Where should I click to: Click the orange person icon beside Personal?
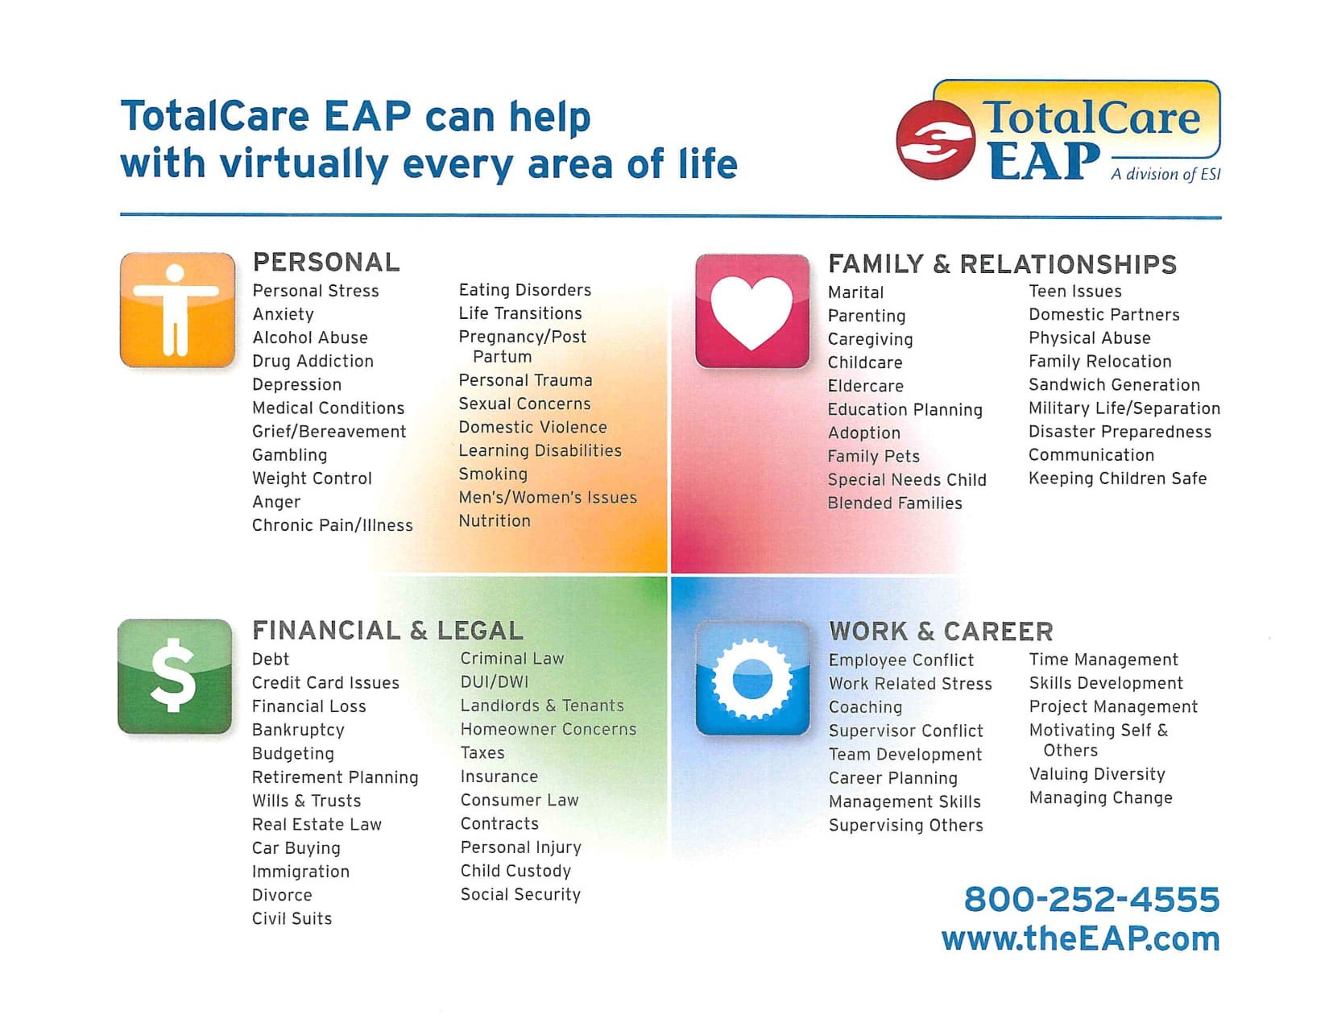(x=177, y=310)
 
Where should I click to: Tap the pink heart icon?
(x=752, y=311)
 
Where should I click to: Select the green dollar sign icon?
(x=175, y=677)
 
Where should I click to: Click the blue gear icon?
(x=752, y=678)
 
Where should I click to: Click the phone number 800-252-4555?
(x=1091, y=899)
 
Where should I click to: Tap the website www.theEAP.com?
(x=1080, y=938)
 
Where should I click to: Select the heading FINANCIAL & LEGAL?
(x=387, y=630)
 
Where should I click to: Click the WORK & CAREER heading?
(x=941, y=631)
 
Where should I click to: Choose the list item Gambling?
(x=289, y=455)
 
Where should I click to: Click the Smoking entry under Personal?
(x=493, y=474)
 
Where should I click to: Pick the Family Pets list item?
(x=873, y=457)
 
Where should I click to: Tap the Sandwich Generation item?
(x=1114, y=385)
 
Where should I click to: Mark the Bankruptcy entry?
(x=298, y=730)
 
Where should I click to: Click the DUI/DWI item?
(x=495, y=682)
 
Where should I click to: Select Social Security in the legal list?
(x=520, y=894)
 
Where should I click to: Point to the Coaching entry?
(x=865, y=707)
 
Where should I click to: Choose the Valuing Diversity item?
(x=1097, y=774)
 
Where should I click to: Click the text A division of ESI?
(x=1165, y=174)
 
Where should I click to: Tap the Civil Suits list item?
(x=292, y=918)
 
